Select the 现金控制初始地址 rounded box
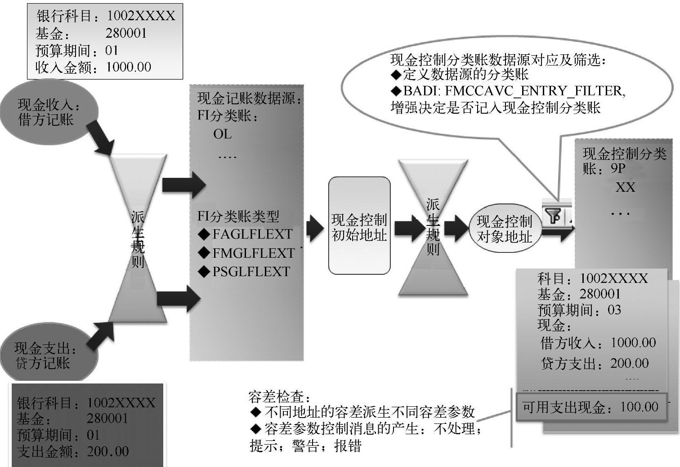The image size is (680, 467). click(x=359, y=226)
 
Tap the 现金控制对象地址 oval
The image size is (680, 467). click(x=504, y=229)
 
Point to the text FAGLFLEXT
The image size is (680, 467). click(x=252, y=234)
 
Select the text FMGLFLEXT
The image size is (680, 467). click(x=253, y=253)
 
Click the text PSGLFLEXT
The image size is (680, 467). click(x=251, y=272)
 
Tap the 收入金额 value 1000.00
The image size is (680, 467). click(x=129, y=67)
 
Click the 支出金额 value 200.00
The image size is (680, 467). click(x=108, y=451)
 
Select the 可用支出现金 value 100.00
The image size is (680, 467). click(x=639, y=407)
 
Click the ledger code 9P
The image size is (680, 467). click(x=618, y=169)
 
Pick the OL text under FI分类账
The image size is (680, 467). click(x=222, y=134)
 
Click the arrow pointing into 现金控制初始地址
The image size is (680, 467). click(x=315, y=228)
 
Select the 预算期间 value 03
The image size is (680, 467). click(x=614, y=310)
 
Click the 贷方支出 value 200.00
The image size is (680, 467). click(x=629, y=363)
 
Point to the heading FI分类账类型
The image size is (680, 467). click(x=238, y=216)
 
